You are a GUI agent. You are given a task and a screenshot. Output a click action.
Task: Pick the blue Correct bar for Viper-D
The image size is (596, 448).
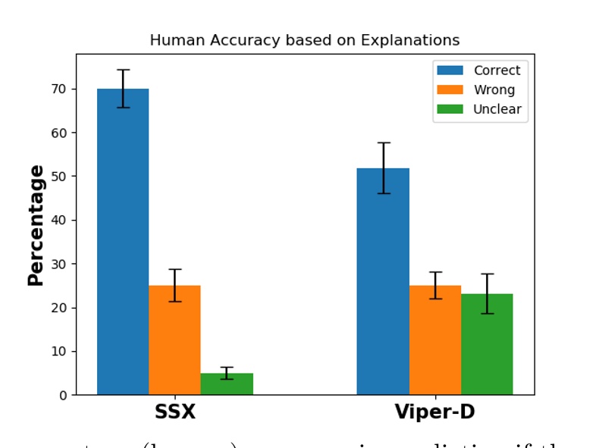tap(383, 281)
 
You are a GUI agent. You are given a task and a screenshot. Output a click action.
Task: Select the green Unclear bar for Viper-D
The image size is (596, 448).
tap(487, 344)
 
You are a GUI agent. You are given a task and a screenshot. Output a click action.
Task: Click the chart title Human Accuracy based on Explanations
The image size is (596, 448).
tap(305, 40)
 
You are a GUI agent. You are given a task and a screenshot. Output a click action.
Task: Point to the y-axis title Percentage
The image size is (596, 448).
tap(36, 225)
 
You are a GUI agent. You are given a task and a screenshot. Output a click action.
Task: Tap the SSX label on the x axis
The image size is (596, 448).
tap(175, 412)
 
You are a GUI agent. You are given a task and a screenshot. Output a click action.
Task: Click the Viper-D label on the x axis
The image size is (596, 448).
tap(434, 412)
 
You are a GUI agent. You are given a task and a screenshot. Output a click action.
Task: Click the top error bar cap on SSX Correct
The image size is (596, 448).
tap(123, 70)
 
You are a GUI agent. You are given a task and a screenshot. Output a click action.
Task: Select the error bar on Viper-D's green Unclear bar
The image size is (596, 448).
tap(487, 293)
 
